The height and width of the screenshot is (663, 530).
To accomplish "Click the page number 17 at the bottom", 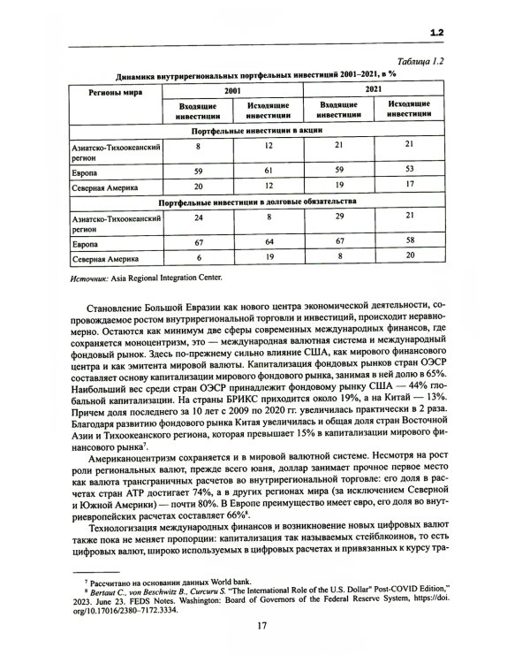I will tap(262, 626).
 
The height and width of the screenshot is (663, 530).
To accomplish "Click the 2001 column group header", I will tap(232, 90).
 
